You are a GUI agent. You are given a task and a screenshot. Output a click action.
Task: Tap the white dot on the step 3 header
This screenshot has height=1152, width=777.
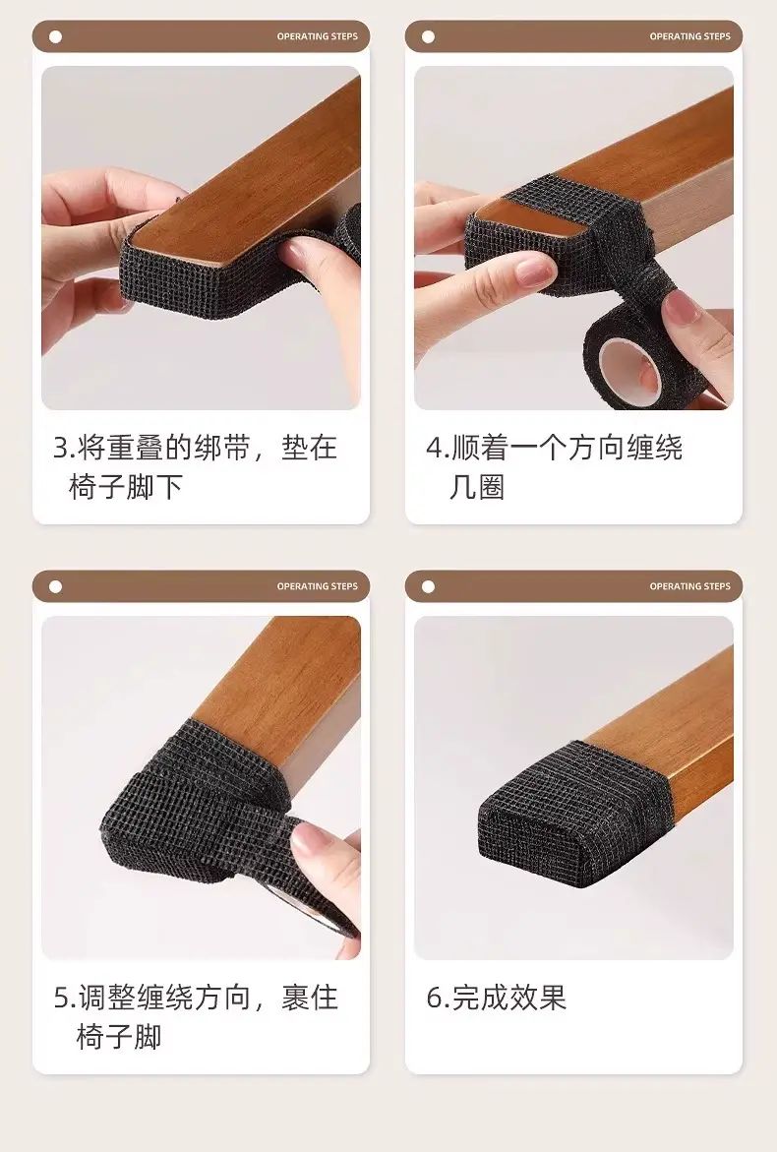(55, 36)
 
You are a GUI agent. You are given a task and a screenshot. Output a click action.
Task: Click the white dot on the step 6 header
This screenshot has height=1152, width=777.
(428, 586)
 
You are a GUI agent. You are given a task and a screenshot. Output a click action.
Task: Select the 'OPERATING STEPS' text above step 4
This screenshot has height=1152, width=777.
(689, 36)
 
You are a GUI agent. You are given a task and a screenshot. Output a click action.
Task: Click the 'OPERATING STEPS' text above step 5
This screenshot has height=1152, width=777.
(318, 586)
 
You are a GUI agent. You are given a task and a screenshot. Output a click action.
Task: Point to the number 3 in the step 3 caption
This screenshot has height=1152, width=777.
(60, 449)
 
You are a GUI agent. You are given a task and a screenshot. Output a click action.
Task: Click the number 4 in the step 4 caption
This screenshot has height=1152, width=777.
(434, 449)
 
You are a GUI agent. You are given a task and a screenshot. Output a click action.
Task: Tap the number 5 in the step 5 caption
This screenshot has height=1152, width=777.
(61, 998)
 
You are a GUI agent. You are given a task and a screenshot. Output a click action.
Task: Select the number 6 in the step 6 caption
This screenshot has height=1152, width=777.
(434, 998)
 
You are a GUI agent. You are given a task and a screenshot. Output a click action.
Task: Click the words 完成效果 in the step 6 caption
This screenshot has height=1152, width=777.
(508, 998)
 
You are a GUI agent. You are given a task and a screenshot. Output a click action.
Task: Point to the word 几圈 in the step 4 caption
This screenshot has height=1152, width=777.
(477, 487)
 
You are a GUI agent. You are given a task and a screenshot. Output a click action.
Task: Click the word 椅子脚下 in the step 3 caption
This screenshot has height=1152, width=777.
(126, 487)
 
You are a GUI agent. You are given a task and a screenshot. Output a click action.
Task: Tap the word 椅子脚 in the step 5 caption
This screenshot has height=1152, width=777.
(118, 1037)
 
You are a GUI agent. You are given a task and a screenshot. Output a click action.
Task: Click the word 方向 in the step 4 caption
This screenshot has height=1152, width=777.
(596, 448)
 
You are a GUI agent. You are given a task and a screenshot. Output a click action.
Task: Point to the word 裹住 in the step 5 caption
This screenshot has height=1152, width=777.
(309, 998)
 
